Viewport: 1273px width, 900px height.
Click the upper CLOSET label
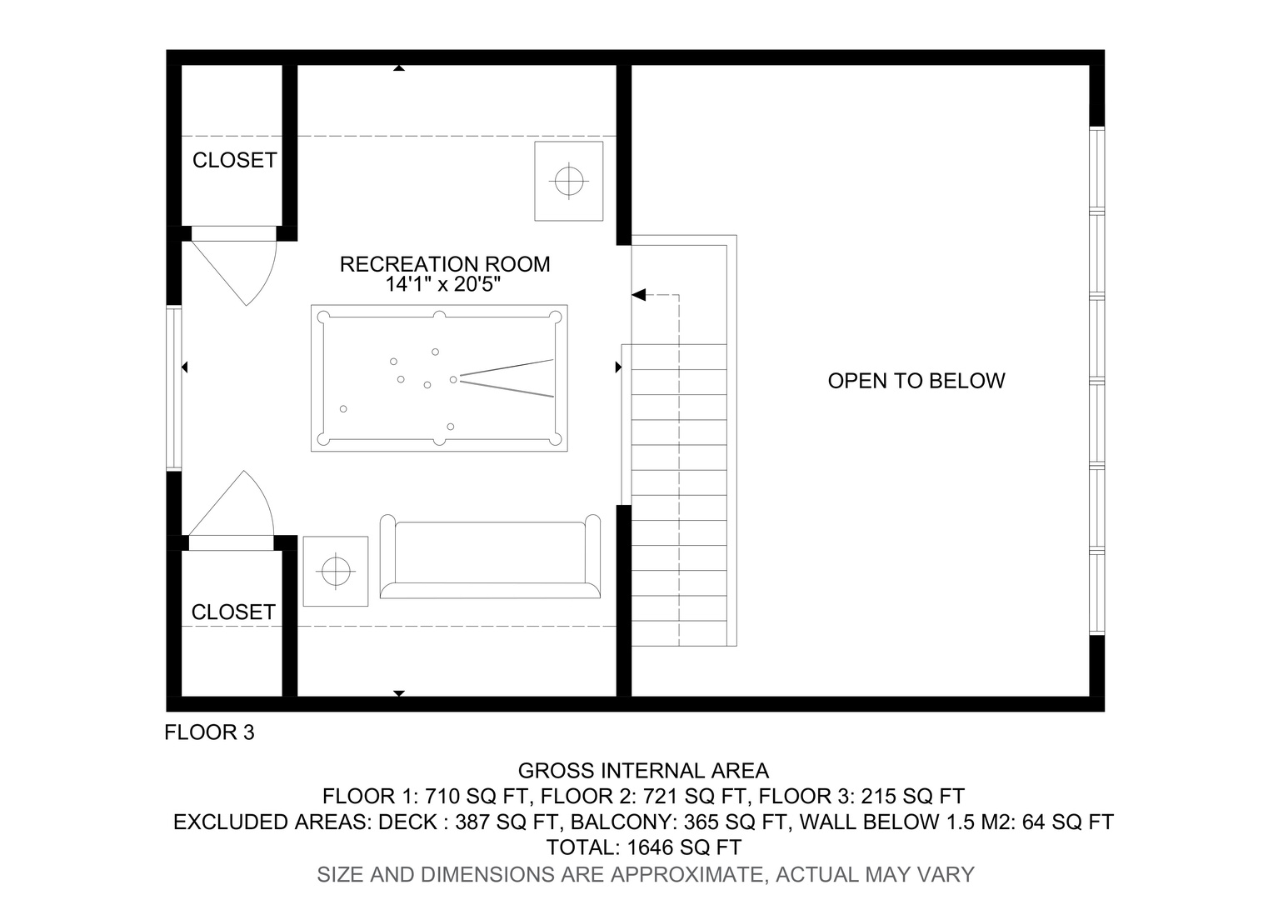[234, 160]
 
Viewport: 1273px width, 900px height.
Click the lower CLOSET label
[233, 612]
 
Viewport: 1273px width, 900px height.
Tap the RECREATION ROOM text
[445, 264]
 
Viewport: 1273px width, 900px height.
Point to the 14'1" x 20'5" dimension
[442, 284]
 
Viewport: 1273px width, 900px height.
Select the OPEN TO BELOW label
[916, 381]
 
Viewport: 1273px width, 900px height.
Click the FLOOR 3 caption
[209, 732]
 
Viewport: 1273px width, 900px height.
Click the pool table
[439, 378]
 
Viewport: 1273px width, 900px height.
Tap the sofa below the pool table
[490, 557]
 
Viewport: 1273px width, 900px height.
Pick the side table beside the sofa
[335, 571]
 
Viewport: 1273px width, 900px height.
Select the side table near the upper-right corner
[568, 182]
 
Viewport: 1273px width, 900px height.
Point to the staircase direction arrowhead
[639, 295]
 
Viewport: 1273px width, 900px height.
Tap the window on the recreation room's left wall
[174, 389]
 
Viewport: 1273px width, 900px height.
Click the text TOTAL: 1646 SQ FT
[644, 847]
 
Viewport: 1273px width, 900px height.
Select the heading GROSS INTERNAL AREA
[643, 771]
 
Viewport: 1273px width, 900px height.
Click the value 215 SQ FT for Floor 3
[913, 797]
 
